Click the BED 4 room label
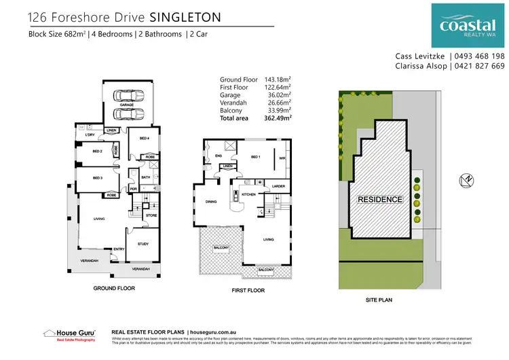click(x=144, y=138)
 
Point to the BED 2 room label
click(x=97, y=151)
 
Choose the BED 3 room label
click(x=97, y=178)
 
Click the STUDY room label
click(x=143, y=243)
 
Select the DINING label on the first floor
click(x=211, y=202)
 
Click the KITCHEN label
click(x=248, y=194)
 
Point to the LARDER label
click(x=277, y=185)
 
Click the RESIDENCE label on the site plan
click(x=380, y=200)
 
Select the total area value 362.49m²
click(x=278, y=118)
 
